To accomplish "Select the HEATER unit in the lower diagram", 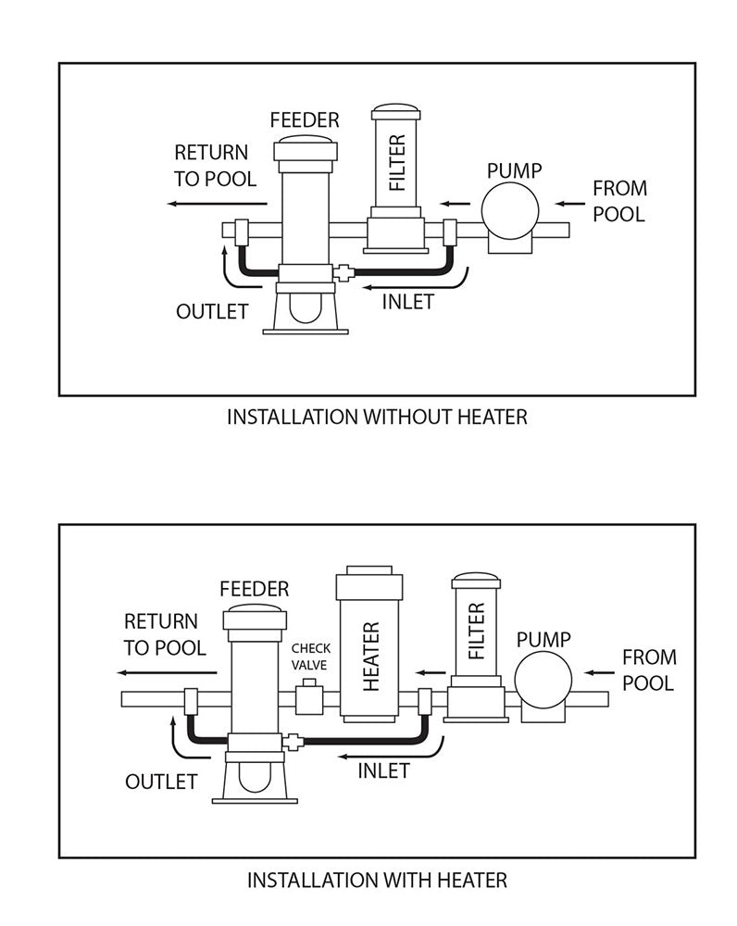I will (x=371, y=648).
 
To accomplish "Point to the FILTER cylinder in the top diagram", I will (x=397, y=162).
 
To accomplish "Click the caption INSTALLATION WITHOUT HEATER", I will (x=377, y=417).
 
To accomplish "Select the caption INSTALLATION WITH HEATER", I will (x=377, y=879).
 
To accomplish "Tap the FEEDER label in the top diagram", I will (x=305, y=119).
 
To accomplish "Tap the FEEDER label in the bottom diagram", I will (x=254, y=589).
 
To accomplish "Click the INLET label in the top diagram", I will (x=407, y=302).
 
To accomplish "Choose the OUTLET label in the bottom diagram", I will (x=161, y=781).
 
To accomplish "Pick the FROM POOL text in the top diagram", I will (x=619, y=201).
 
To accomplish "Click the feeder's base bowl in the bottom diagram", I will (x=254, y=778).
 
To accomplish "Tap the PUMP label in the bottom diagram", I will (x=543, y=639).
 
